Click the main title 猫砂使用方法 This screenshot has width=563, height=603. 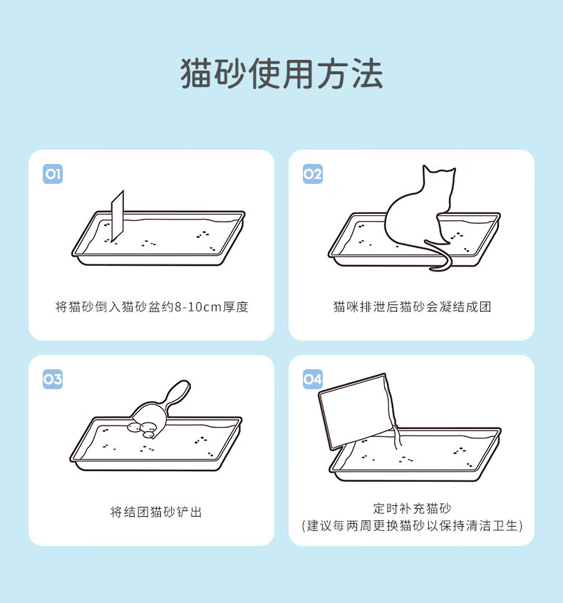click(281, 73)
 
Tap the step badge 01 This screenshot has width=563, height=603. click(53, 174)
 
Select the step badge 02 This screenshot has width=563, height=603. click(313, 174)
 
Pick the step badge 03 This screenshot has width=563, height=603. click(53, 380)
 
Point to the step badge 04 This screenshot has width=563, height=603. click(313, 380)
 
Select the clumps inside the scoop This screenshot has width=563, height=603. click(143, 430)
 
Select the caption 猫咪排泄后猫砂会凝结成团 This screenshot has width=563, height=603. click(412, 307)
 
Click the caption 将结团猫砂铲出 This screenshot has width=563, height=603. click(156, 512)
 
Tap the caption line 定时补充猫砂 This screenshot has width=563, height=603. click(412, 508)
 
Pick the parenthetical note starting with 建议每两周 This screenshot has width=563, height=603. click(412, 525)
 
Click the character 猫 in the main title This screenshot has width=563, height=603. click(197, 73)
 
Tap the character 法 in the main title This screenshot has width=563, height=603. click(367, 73)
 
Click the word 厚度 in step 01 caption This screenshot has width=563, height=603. click(236, 307)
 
